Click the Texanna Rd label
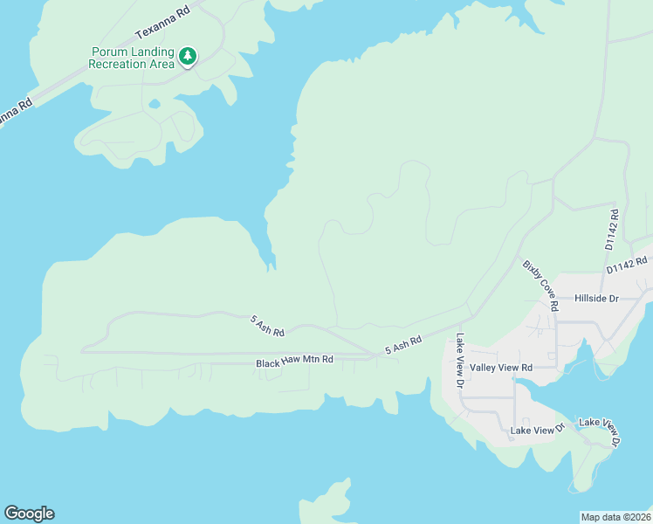162,24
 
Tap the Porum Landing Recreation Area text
133,58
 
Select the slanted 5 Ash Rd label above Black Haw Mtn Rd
268,327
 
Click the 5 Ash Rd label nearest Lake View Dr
403,345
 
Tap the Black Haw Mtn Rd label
294,360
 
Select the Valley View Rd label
500,368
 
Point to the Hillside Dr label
596,299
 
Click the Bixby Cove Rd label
540,286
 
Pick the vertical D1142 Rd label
612,230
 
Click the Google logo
29,514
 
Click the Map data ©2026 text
615,516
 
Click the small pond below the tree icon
155,104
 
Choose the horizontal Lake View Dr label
538,431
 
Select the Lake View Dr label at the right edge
601,432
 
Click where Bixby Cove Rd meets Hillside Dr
556,300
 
